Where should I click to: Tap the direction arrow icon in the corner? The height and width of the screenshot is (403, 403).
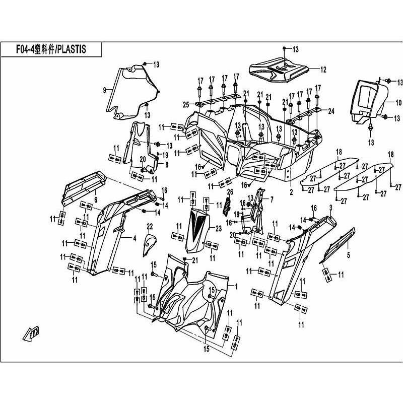pos(32,333)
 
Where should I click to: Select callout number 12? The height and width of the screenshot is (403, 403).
pos(323,70)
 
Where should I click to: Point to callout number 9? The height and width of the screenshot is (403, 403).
pos(104,90)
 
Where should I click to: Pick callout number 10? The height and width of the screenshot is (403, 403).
pos(398,103)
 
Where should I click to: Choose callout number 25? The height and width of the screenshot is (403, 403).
pos(186,105)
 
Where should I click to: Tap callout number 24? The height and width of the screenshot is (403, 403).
pos(331,111)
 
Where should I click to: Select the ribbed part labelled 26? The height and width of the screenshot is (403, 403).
pos(227,204)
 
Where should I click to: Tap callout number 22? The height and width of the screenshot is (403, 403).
pos(150,225)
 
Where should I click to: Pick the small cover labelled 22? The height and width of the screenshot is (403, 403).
pos(149,244)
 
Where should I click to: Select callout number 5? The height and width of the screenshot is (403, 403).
pos(348,255)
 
